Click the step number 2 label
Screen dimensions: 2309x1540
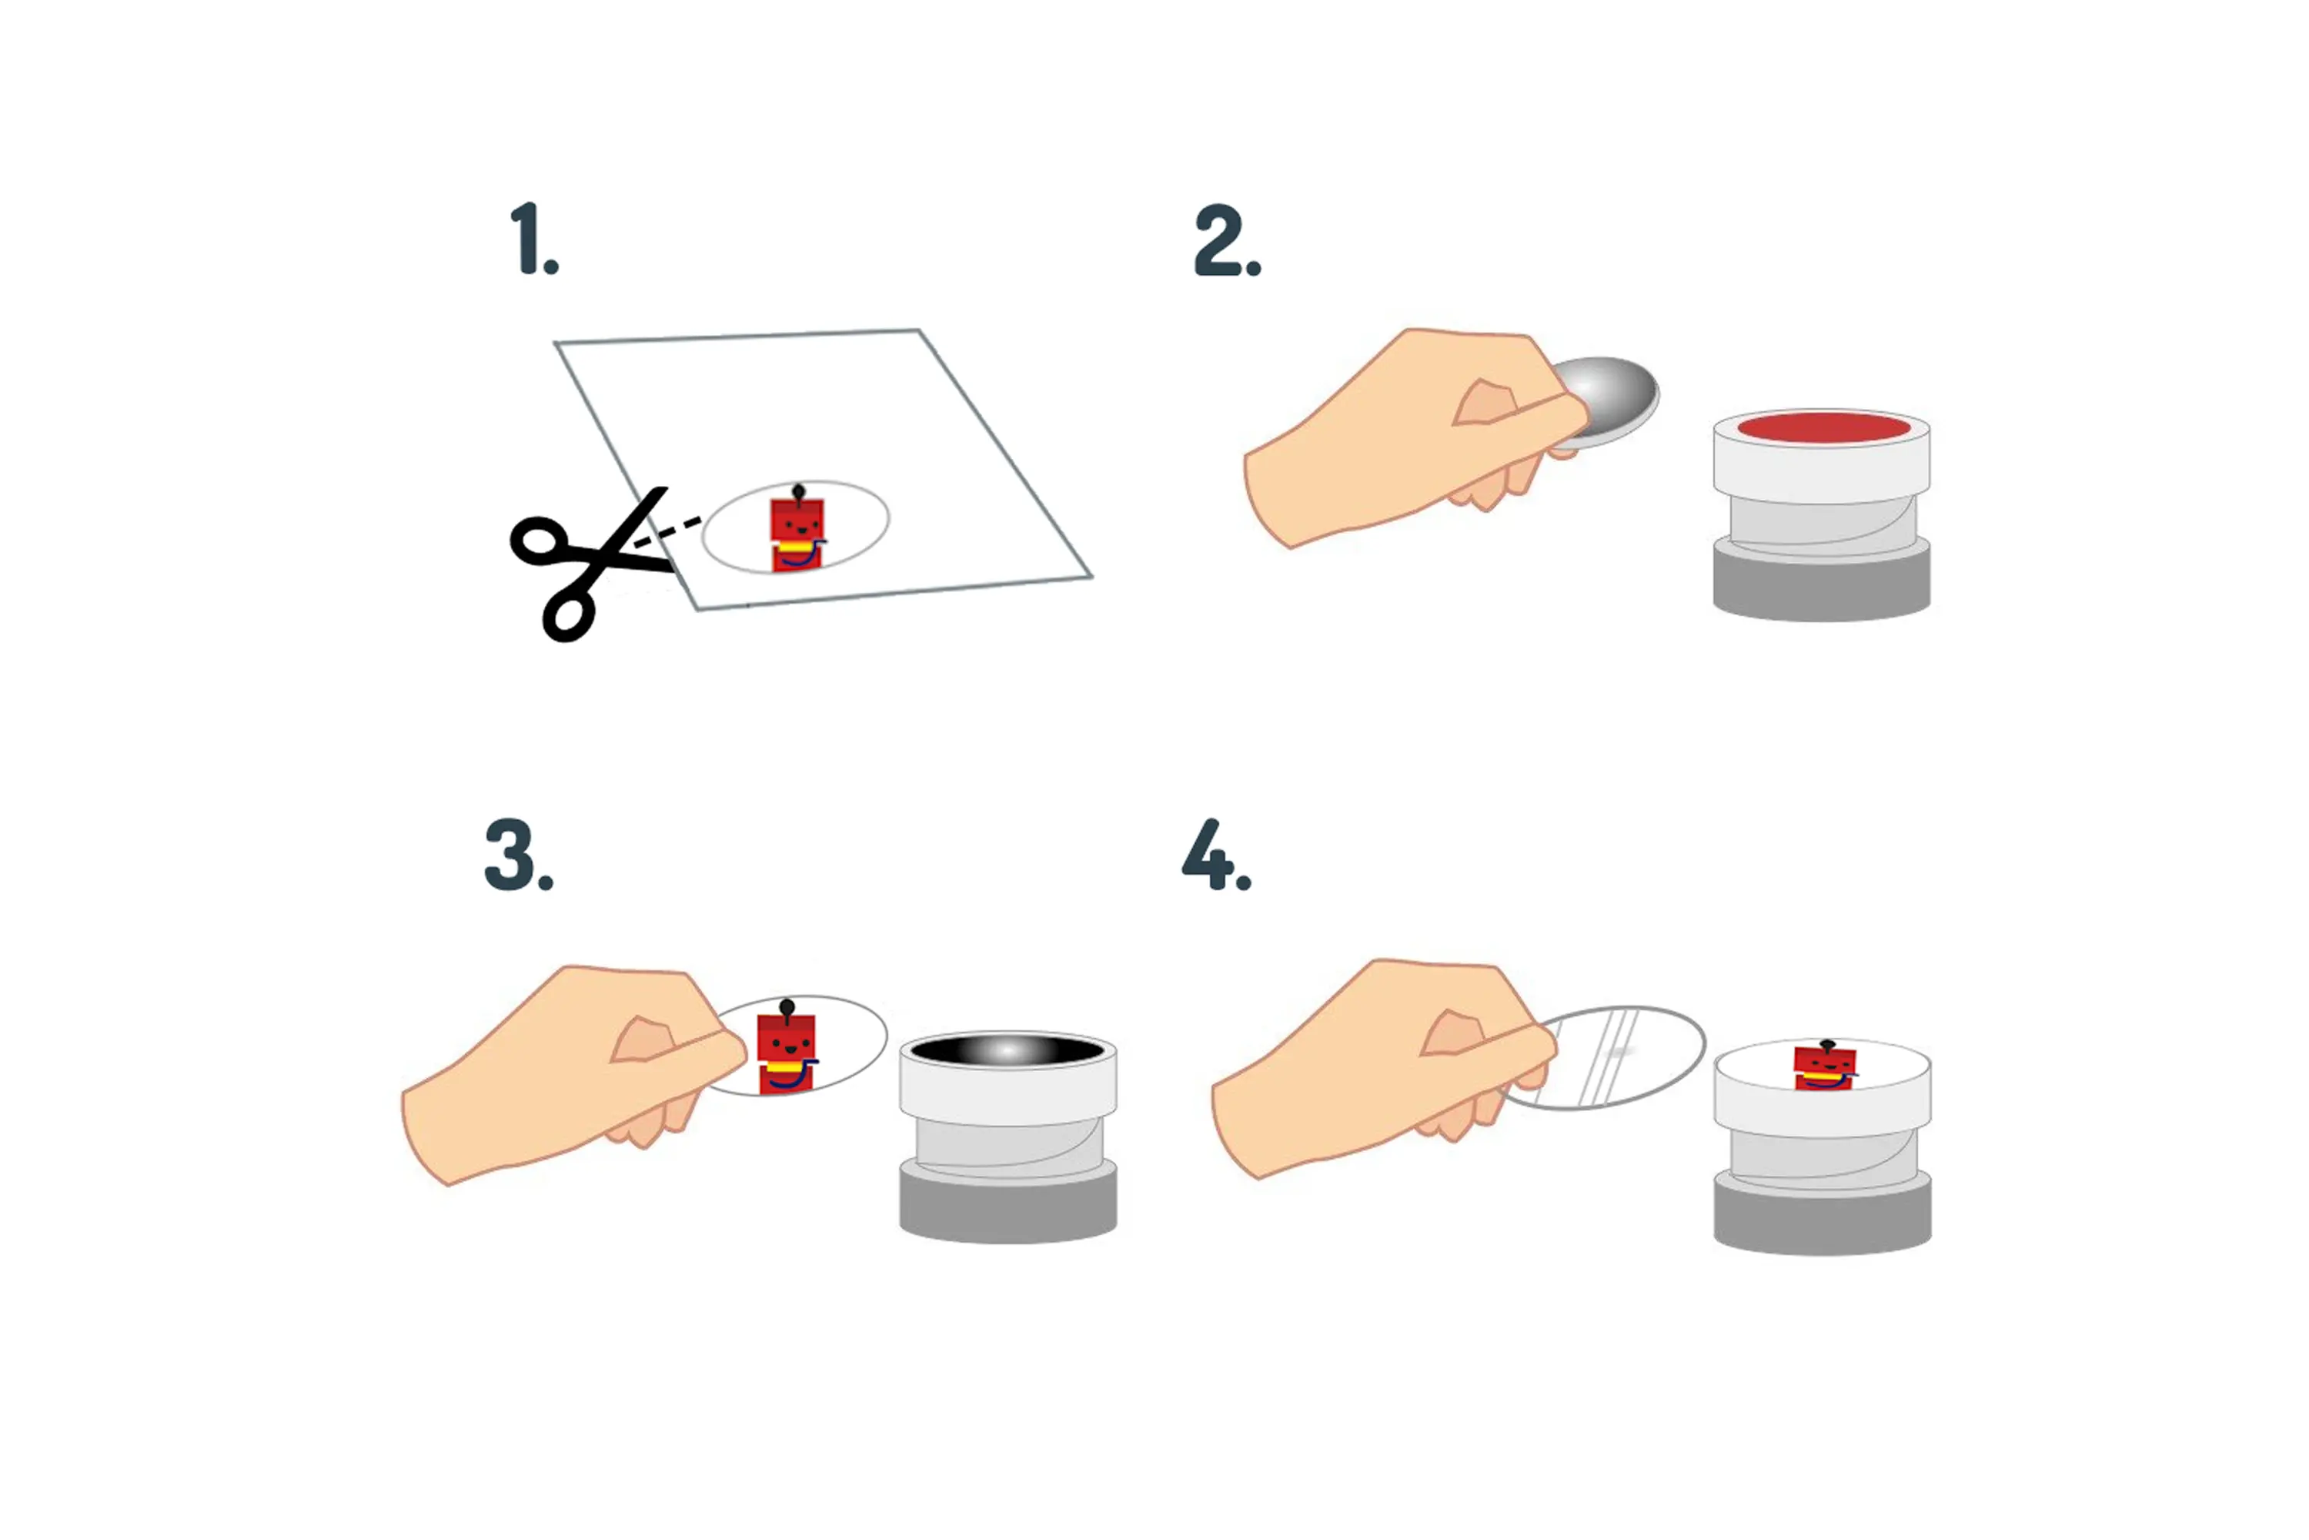(x=1227, y=240)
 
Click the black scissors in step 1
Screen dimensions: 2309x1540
(x=589, y=564)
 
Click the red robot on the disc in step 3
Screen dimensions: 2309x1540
(x=787, y=1048)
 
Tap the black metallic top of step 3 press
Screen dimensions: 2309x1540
(x=1008, y=1050)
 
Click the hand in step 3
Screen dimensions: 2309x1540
(x=574, y=1073)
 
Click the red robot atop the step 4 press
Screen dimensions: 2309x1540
(x=1825, y=1066)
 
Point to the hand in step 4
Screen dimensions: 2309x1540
(x=1384, y=1067)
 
